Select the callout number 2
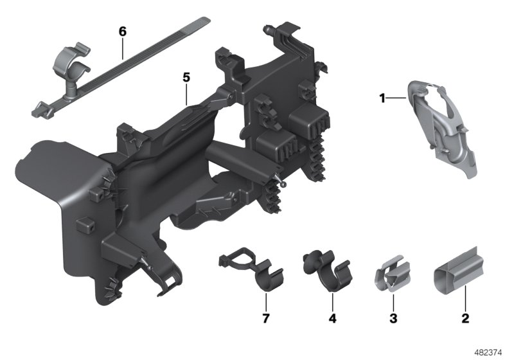click(x=465, y=318)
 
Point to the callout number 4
click(x=332, y=318)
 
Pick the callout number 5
click(x=186, y=77)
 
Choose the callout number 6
click(x=122, y=30)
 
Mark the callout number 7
click(x=265, y=318)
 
